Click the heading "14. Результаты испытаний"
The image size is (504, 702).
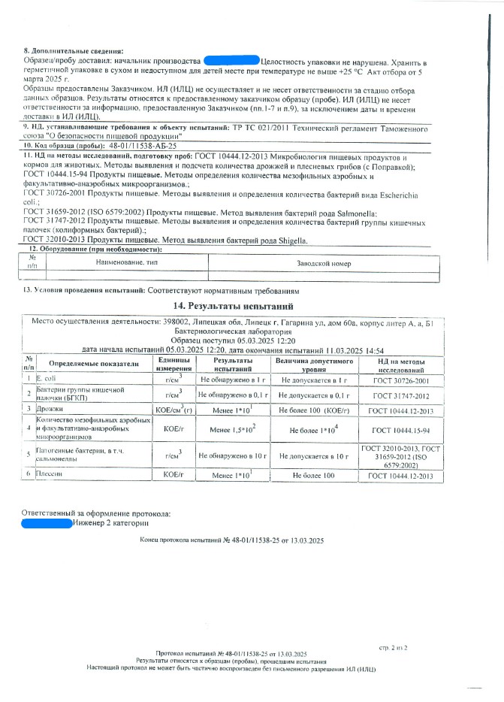pos(237,307)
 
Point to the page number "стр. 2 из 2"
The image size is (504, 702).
pos(391,646)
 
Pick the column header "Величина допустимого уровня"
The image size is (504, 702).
pos(313,363)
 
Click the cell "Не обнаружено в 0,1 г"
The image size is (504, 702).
pos(233,394)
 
